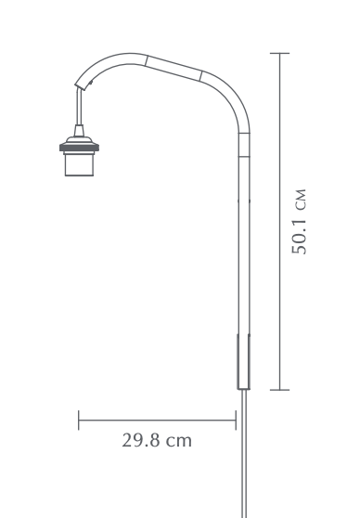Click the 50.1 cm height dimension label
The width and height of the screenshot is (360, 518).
click(299, 222)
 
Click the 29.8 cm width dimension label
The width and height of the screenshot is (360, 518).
click(157, 440)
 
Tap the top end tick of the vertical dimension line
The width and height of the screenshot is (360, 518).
click(280, 53)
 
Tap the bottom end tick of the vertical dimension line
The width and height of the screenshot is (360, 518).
click(280, 390)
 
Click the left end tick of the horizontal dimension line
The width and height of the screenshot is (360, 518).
click(79, 421)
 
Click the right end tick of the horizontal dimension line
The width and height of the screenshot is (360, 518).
click(236, 421)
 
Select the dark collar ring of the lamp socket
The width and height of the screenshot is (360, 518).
click(79, 148)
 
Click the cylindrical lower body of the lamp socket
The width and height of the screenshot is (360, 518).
click(79, 164)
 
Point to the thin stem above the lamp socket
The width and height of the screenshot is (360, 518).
click(79, 107)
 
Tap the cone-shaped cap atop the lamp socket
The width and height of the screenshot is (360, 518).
click(79, 131)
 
